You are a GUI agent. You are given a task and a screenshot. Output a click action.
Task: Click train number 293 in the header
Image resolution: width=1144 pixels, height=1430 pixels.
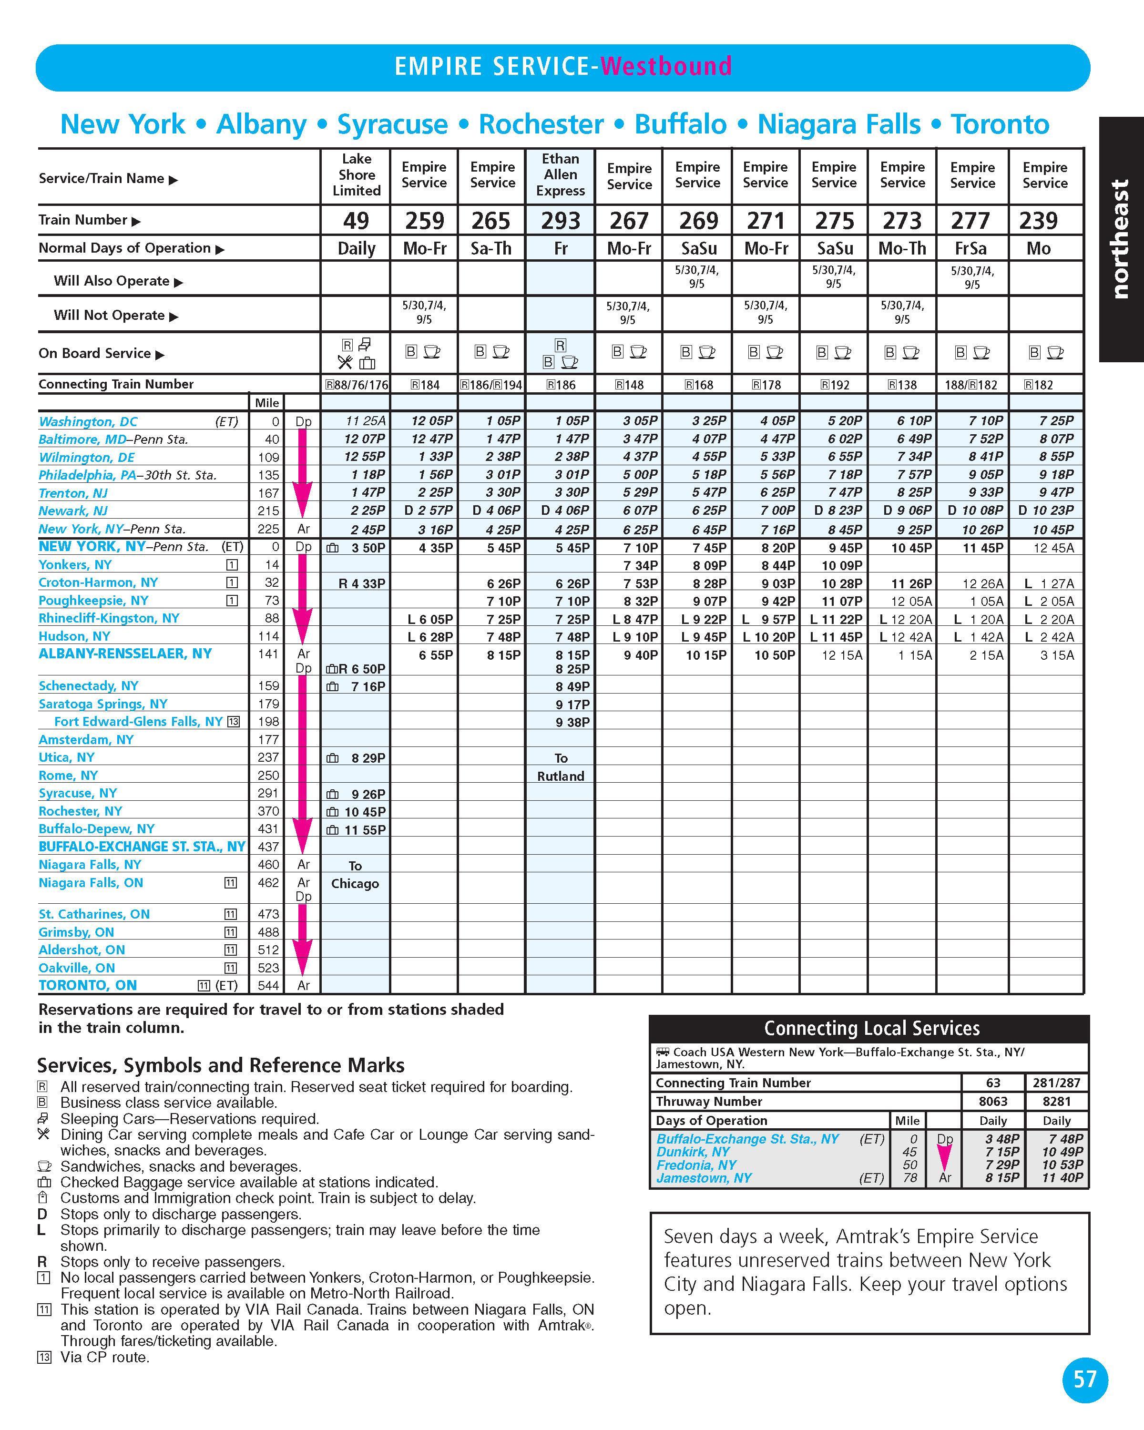click(x=561, y=220)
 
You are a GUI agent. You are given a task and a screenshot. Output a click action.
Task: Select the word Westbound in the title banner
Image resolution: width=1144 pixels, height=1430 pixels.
click(x=666, y=66)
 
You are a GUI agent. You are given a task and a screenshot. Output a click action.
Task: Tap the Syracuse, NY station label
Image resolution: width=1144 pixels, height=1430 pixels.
click(x=78, y=793)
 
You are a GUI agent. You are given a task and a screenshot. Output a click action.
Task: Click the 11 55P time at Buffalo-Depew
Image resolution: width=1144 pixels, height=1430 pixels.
click(x=365, y=830)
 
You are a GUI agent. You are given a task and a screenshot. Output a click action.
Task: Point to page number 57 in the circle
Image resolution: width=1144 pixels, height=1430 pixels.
click(x=1085, y=1379)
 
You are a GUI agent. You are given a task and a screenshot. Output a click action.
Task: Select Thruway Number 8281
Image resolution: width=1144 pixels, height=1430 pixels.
click(x=1056, y=1101)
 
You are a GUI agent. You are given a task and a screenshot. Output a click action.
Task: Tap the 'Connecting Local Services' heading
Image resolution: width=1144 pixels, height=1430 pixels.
click(x=871, y=1028)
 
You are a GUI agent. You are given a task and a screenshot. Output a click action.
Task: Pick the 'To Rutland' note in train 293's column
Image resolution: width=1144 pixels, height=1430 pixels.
click(x=561, y=767)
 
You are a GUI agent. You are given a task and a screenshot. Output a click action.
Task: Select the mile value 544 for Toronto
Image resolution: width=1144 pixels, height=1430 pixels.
click(x=268, y=986)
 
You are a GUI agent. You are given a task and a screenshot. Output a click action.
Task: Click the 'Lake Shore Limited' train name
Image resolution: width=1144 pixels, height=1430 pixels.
click(x=357, y=174)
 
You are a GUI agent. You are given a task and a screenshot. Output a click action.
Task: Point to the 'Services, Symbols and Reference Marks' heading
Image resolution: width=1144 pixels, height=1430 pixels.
click(x=220, y=1065)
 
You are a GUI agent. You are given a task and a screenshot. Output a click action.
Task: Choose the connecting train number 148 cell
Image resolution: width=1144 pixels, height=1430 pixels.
click(x=628, y=385)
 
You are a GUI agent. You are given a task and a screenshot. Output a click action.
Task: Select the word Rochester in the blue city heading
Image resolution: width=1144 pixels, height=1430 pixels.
click(x=541, y=124)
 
